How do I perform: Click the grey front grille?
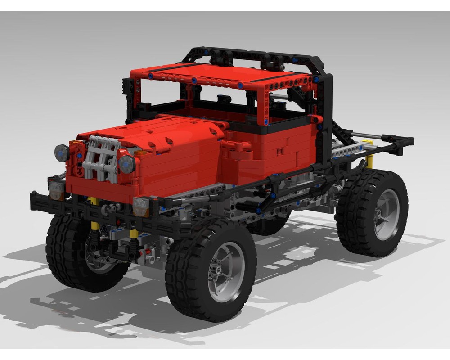tap(101, 157)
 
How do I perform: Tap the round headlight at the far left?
tap(62, 153)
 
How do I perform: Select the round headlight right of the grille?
tap(127, 164)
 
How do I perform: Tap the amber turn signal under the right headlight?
tap(141, 207)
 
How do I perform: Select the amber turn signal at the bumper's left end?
tap(56, 190)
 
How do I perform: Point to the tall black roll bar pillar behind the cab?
tap(325, 117)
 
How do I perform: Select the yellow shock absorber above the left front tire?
tap(94, 225)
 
